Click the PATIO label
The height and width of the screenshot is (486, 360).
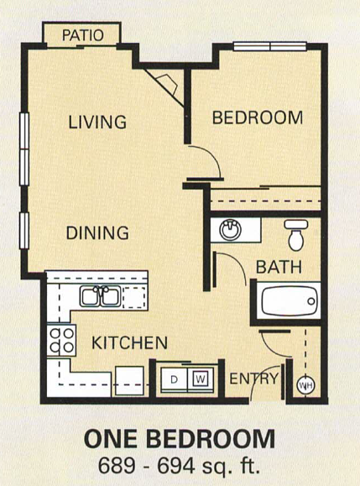[x=83, y=35]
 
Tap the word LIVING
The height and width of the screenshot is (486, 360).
[x=97, y=122]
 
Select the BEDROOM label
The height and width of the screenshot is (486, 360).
[x=257, y=118]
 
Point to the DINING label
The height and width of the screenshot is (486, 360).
[x=97, y=233]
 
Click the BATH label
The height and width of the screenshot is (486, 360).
[x=274, y=269]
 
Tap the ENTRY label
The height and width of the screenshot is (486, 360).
[x=253, y=379]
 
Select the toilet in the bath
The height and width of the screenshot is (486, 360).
[x=295, y=235]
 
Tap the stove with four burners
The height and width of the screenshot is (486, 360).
[x=60, y=340]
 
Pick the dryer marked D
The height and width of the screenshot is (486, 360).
[x=174, y=379]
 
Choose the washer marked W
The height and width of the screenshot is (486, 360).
[x=201, y=379]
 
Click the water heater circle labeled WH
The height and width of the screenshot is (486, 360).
[x=306, y=385]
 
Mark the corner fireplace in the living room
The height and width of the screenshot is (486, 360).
[x=165, y=83]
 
